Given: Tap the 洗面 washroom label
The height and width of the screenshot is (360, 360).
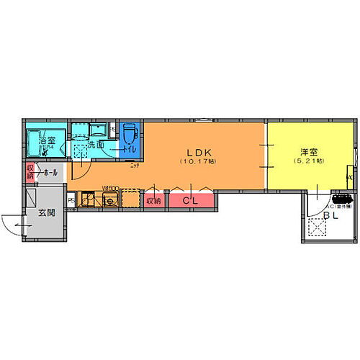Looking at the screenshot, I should pyautogui.click(x=96, y=145).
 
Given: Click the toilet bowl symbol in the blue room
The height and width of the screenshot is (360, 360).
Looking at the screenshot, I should pyautogui.click(x=130, y=135).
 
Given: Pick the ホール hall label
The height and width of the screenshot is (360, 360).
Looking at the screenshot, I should pyautogui.click(x=50, y=174).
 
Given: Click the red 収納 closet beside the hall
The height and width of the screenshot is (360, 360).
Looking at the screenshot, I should pyautogui.click(x=30, y=172).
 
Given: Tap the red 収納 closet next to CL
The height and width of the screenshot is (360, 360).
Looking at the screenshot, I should pyautogui.click(x=153, y=201).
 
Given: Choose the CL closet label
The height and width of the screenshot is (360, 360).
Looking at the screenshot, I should pyautogui.click(x=191, y=201).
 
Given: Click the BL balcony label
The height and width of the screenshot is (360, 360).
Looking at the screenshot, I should pyautogui.click(x=330, y=215).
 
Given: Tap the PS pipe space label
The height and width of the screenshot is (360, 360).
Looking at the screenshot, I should pyautogui.click(x=71, y=199).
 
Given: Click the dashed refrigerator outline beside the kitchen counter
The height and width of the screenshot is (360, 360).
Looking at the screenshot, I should pyautogui.click(x=130, y=199).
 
